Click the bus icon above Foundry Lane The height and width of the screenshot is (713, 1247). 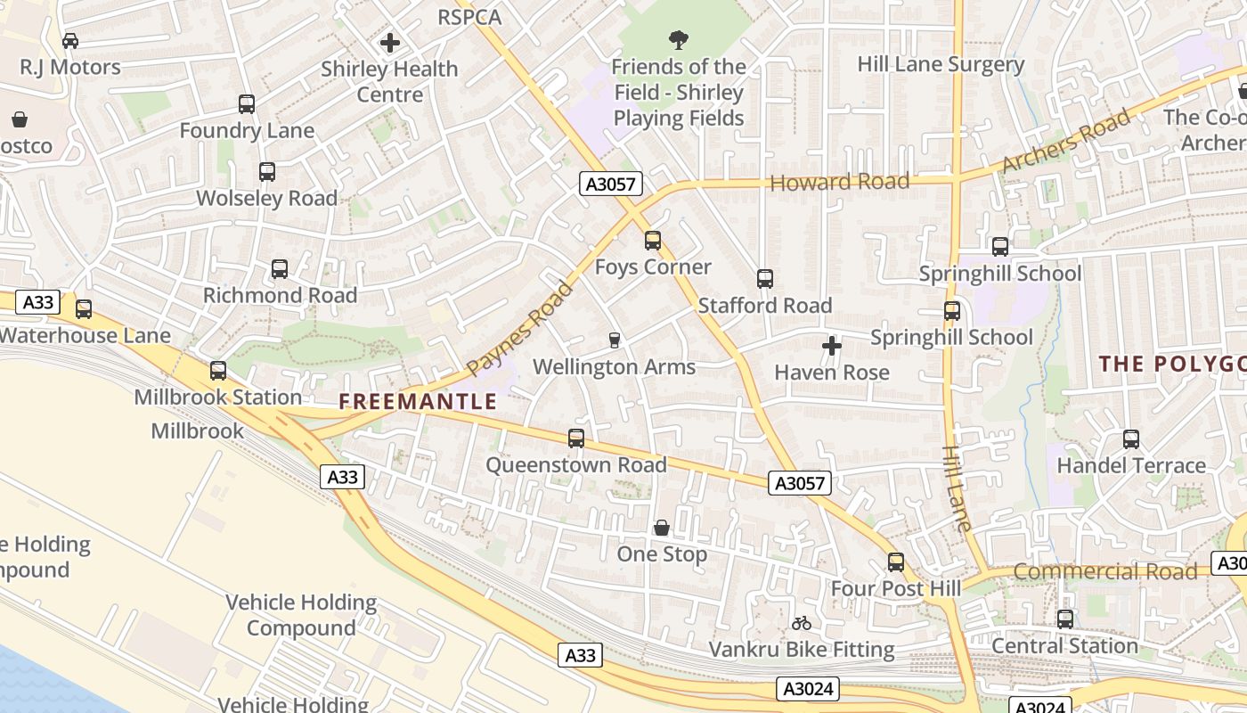[x=247, y=104]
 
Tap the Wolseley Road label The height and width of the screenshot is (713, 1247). [x=266, y=198]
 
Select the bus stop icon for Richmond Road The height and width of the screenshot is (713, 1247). [x=280, y=269]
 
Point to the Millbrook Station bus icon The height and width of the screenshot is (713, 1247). [x=218, y=371]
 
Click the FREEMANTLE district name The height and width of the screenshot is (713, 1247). [x=418, y=401]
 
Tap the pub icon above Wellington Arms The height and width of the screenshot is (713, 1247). [x=614, y=340]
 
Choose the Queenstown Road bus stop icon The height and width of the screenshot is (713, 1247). [x=576, y=438]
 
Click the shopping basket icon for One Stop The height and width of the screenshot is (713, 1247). [x=662, y=528]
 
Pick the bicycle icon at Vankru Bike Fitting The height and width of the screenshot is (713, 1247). [x=802, y=623]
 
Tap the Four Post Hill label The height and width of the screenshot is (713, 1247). [x=896, y=588]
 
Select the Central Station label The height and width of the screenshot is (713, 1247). [x=1064, y=645]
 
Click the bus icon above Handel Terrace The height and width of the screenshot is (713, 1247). [x=1131, y=439]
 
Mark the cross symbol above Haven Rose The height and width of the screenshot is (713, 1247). [x=832, y=346]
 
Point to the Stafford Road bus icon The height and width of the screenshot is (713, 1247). [x=765, y=279]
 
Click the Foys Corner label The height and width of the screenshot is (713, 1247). [x=653, y=266]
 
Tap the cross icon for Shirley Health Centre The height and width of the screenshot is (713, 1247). [x=389, y=42]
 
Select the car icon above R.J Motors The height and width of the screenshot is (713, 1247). [x=70, y=40]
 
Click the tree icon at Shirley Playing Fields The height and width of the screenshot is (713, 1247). [x=679, y=40]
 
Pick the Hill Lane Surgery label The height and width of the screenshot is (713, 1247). [x=941, y=64]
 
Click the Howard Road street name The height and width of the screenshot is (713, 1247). [x=840, y=182]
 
